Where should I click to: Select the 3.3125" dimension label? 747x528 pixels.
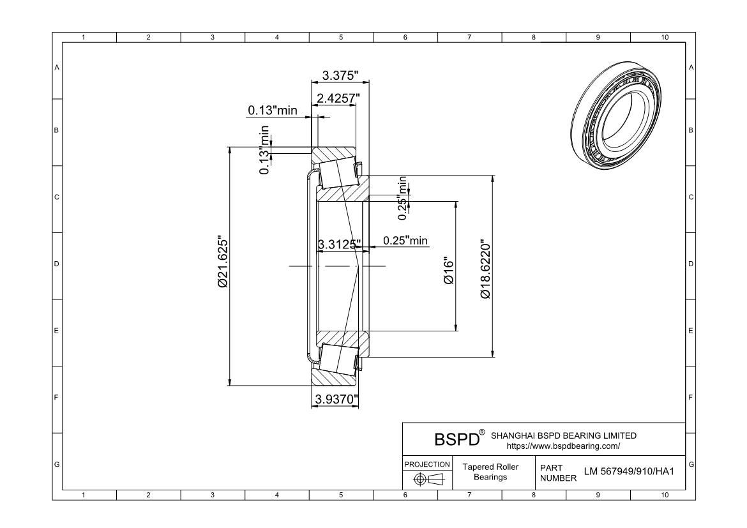click(x=339, y=243)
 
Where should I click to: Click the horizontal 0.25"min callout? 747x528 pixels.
click(x=405, y=241)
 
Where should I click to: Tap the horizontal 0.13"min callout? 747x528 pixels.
click(x=273, y=110)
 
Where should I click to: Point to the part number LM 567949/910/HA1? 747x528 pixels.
click(x=629, y=472)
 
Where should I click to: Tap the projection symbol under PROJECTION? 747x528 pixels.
click(x=427, y=479)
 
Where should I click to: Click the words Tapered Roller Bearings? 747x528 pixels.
click(x=490, y=472)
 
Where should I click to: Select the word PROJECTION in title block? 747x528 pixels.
click(x=427, y=464)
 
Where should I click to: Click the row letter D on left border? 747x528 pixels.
click(x=57, y=264)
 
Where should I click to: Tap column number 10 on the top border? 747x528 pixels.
click(x=664, y=37)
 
